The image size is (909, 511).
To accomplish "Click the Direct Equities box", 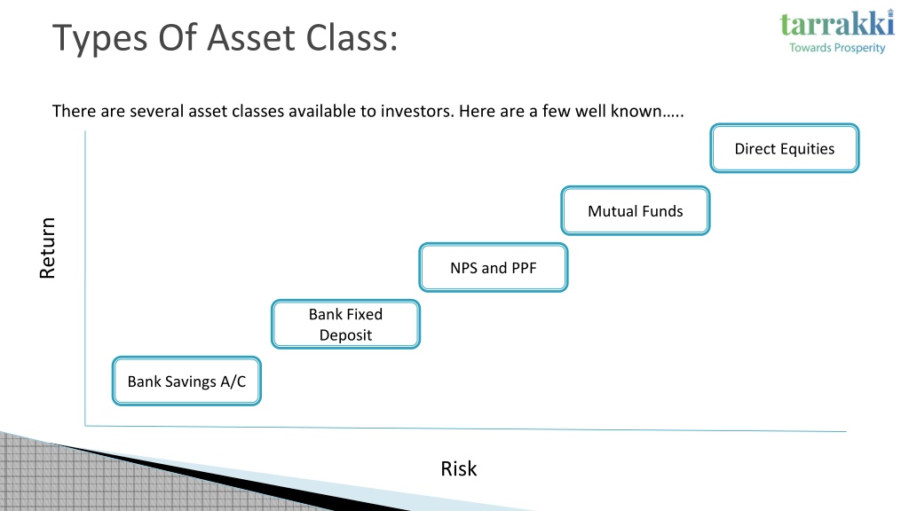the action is pos(785,148).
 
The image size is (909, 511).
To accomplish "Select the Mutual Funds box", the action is pos(636,211).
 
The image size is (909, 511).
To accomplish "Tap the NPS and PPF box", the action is pos(494,267).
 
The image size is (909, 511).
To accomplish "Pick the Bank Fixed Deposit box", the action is pos(345,324).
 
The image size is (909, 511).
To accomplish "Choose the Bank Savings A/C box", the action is pos(186,381).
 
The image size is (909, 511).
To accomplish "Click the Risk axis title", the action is pos(459,468).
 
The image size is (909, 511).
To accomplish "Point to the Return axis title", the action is pos(47,248).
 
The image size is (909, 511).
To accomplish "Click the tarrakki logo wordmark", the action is pos(836,23).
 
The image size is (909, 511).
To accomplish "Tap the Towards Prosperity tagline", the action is pos(837,48).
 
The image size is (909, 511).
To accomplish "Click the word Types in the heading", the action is pos(100,38).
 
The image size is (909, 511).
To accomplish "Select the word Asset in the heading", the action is pos(251,37).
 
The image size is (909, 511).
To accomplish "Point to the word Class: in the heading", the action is pos(352,37).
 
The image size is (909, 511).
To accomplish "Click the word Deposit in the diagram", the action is pos(345,335).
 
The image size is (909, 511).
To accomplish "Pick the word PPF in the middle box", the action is pos(524,268).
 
